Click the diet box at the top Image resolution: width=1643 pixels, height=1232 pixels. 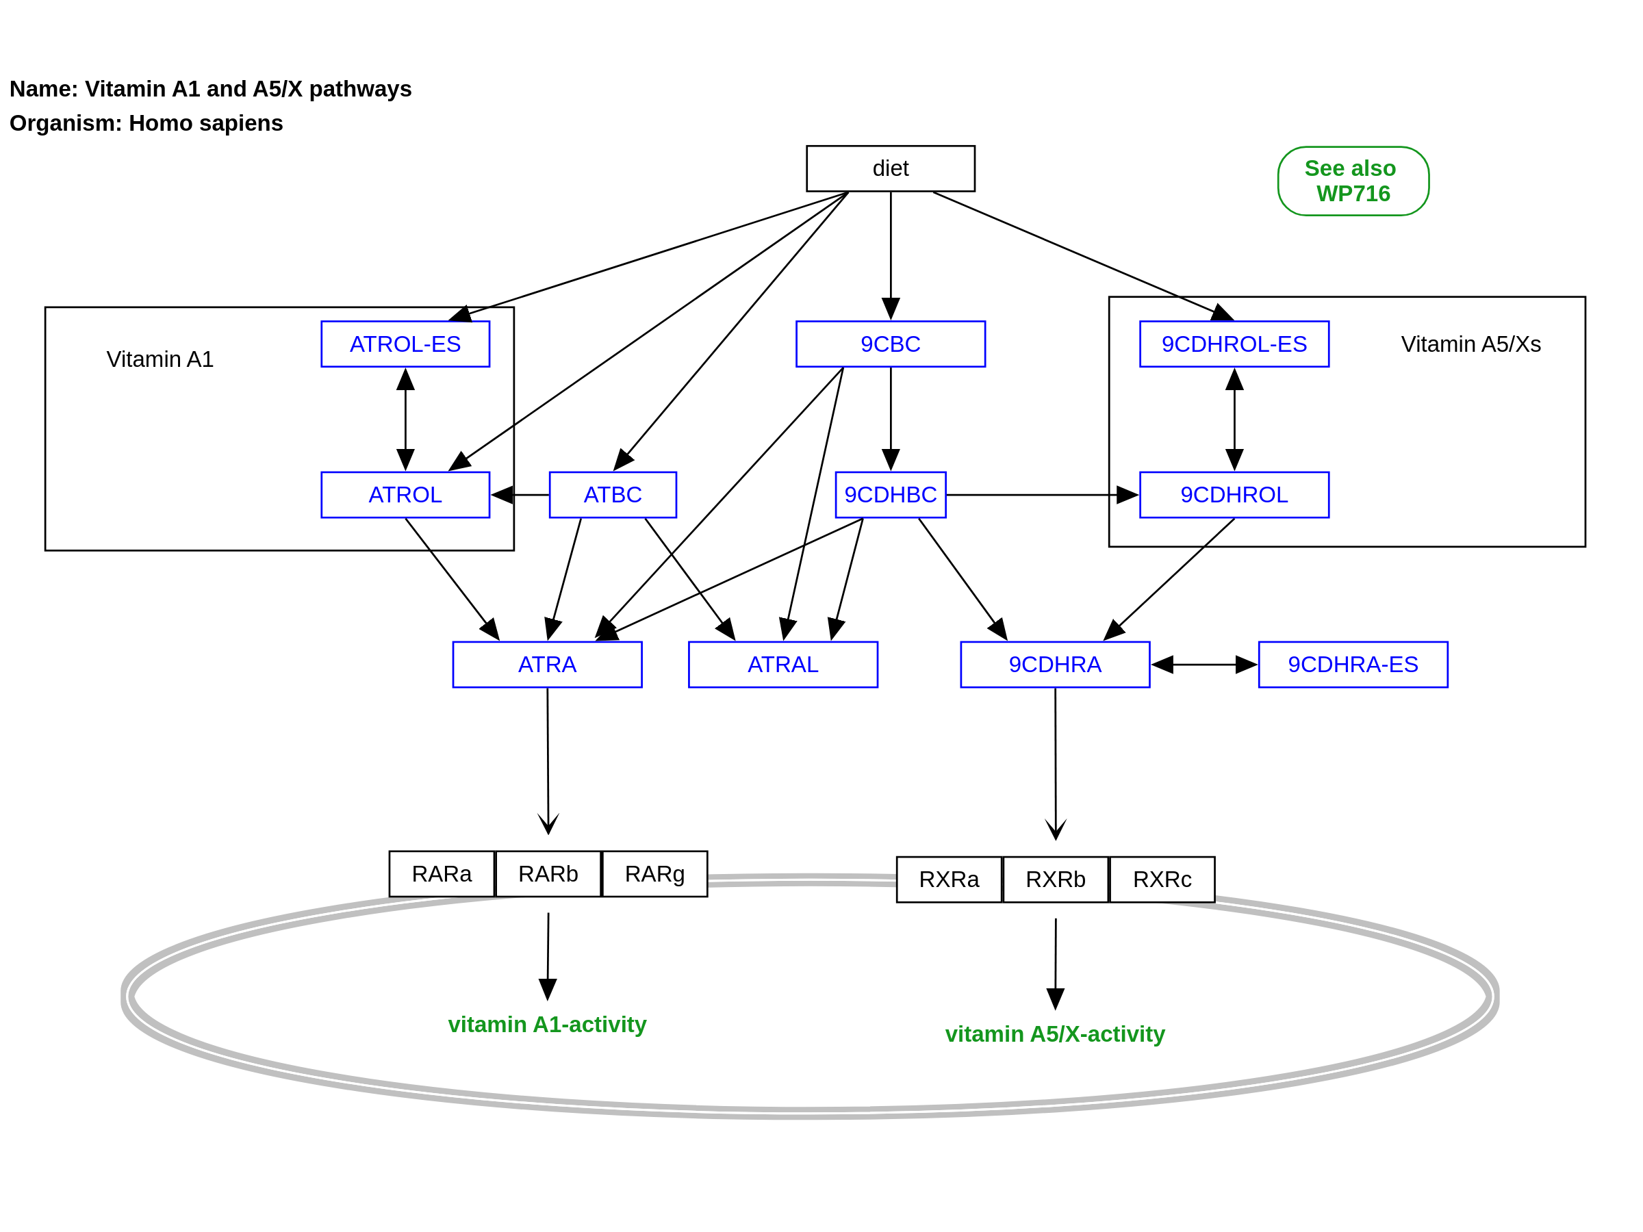890,168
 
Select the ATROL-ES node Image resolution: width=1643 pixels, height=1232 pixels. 405,344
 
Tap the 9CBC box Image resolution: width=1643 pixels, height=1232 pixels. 890,344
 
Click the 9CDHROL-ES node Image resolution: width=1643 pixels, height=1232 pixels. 1234,344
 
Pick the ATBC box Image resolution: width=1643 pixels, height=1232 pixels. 612,495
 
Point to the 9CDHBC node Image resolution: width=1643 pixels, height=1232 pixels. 890,495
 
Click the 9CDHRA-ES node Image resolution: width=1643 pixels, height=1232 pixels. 1353,665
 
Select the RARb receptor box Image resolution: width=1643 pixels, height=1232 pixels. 548,874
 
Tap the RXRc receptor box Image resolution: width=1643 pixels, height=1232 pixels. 1162,880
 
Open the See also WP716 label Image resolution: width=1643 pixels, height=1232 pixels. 1353,181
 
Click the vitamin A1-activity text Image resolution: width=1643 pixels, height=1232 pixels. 547,1025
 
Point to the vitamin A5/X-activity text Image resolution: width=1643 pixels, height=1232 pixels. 1054,1034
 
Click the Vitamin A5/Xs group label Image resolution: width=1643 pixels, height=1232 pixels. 1470,344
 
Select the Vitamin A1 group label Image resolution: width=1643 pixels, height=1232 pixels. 160,359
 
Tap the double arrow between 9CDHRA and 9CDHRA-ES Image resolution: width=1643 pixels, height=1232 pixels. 1203,665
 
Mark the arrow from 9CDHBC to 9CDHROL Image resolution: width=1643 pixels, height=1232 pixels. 1040,495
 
